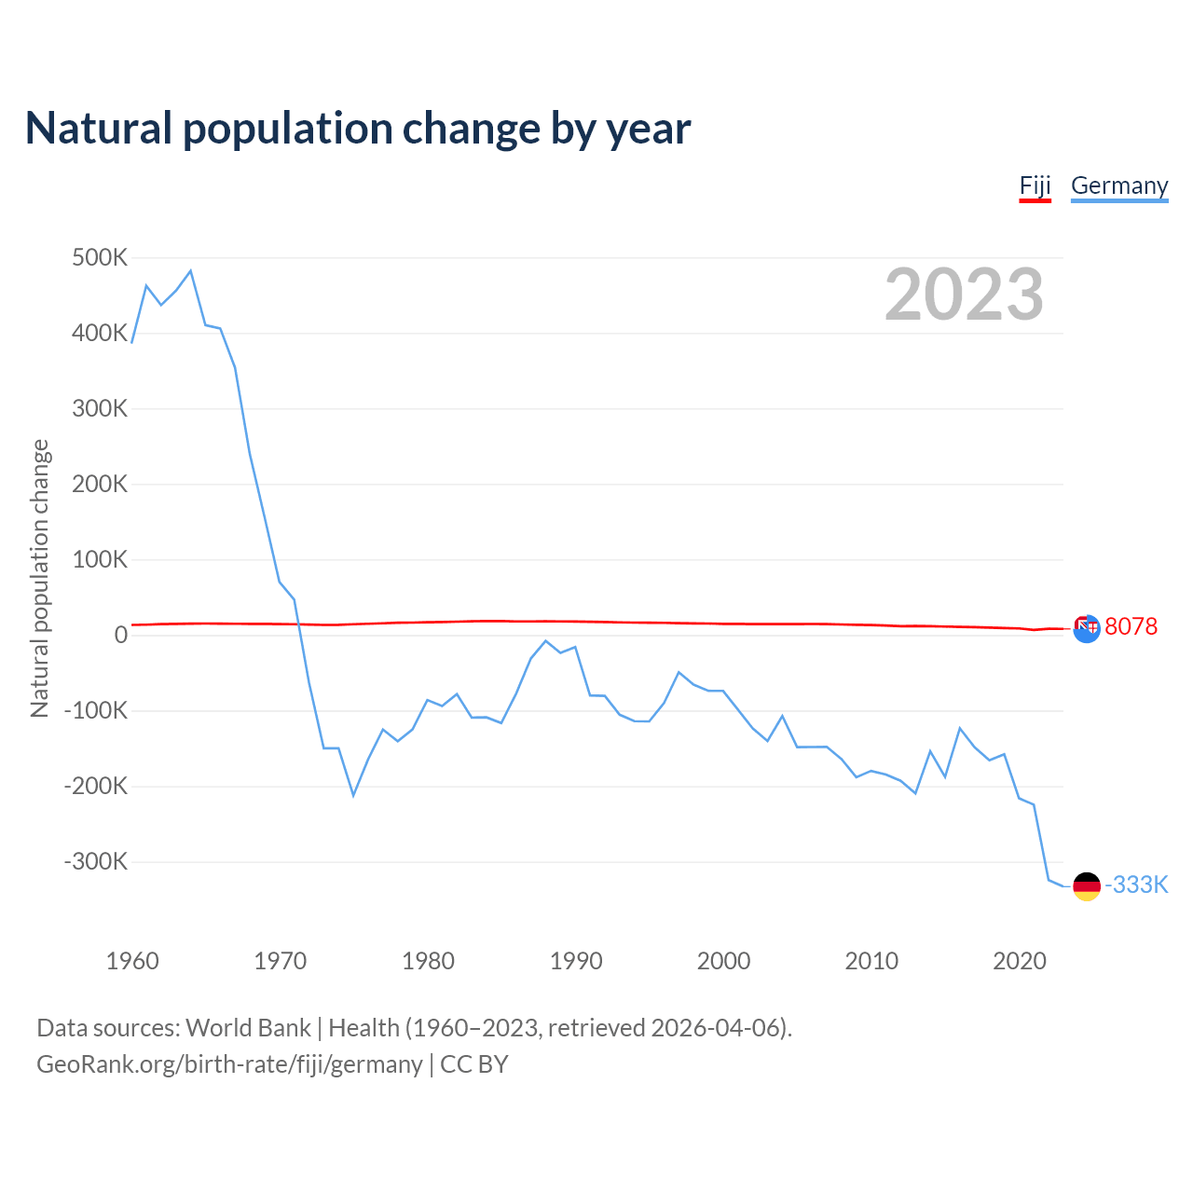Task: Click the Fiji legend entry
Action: (1035, 185)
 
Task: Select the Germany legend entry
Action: (1118, 185)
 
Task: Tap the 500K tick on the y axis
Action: (100, 257)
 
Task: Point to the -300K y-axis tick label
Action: (96, 861)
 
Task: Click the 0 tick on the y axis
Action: (121, 635)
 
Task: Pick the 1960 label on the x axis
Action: (132, 961)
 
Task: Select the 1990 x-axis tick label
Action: (576, 961)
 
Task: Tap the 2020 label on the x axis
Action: (1020, 961)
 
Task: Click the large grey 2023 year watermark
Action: (964, 295)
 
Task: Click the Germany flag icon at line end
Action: (1087, 886)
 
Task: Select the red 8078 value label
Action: (1131, 626)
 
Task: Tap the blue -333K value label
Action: (1136, 884)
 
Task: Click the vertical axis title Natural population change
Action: (40, 578)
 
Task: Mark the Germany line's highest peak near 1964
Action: (190, 271)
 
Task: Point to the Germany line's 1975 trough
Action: (353, 795)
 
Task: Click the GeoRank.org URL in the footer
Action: (229, 1064)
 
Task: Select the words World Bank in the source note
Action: (248, 1028)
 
